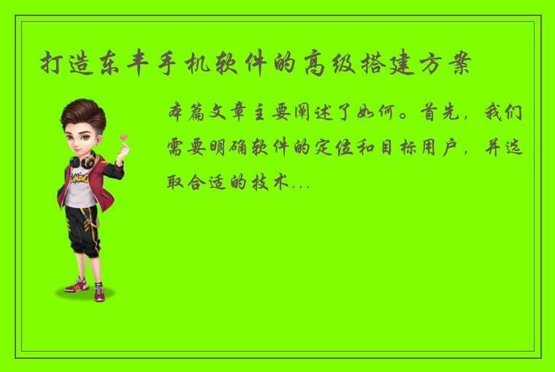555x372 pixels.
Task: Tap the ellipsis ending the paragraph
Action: pos(300,185)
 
